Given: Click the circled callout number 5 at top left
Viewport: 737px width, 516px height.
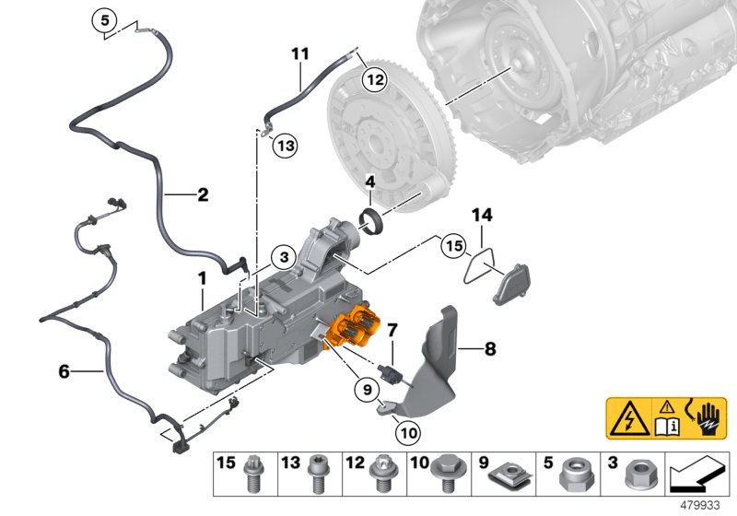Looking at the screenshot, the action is (104, 20).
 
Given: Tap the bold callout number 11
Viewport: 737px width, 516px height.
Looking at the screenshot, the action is (300, 53).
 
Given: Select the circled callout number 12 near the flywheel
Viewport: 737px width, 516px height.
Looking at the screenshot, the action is (375, 80).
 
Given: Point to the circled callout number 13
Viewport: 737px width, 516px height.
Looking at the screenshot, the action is (286, 146).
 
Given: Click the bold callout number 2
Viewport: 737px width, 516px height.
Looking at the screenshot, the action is (203, 194).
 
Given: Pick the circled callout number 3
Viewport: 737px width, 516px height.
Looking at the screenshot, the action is (284, 257).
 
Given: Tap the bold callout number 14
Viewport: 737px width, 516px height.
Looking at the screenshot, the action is (482, 216).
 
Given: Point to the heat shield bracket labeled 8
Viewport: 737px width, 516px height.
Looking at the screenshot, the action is (431, 363).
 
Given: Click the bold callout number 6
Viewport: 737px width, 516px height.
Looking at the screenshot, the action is (64, 371).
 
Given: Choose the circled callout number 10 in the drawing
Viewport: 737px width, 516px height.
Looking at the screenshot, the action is (408, 432).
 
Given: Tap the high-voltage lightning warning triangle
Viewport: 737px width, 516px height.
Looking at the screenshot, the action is (629, 418).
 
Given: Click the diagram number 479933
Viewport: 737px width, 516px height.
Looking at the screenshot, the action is (700, 506).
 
